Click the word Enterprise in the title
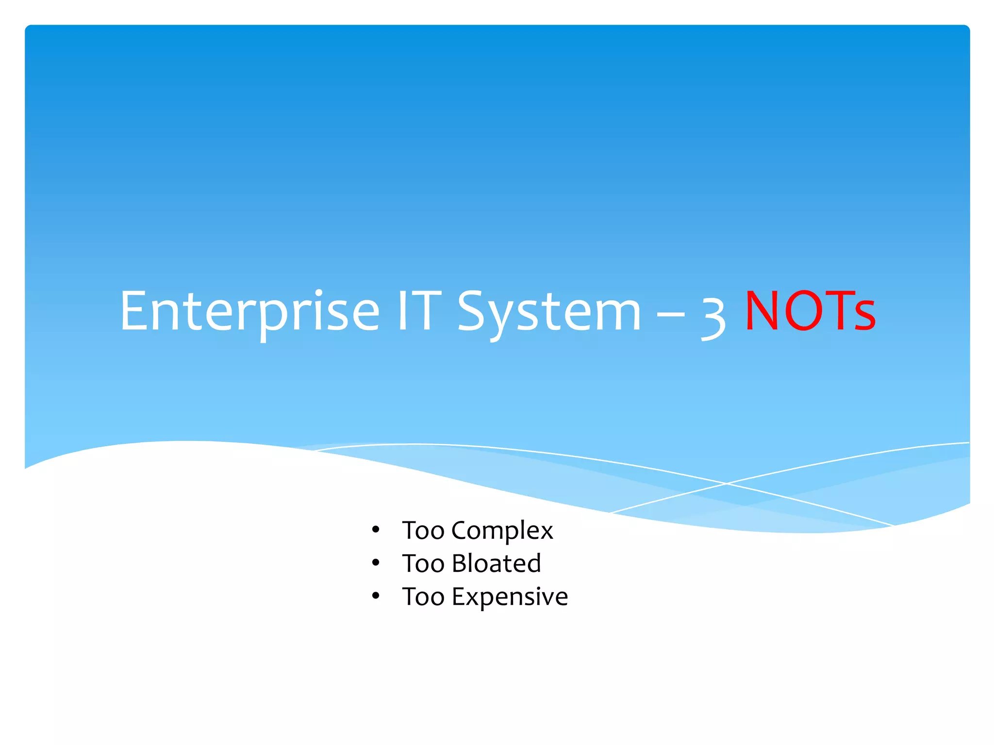(249, 311)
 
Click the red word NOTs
(810, 311)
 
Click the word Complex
(502, 531)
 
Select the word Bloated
(496, 564)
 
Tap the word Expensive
(510, 597)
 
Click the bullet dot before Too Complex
(375, 530)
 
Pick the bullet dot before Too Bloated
(375, 563)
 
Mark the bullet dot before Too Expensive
(375, 596)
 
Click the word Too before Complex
(423, 531)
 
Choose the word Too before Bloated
(423, 564)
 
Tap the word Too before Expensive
(423, 597)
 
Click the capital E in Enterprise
(134, 311)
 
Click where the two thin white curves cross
(726, 484)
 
